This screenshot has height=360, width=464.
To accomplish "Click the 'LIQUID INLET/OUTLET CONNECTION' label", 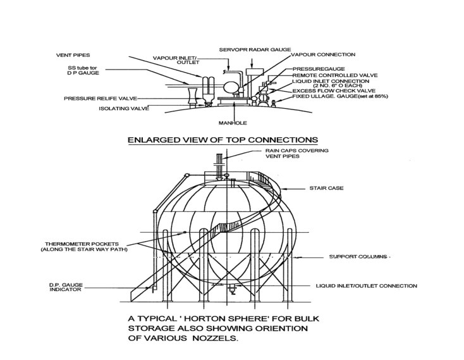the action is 367,286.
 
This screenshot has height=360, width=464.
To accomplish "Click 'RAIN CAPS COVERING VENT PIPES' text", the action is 290,154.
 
